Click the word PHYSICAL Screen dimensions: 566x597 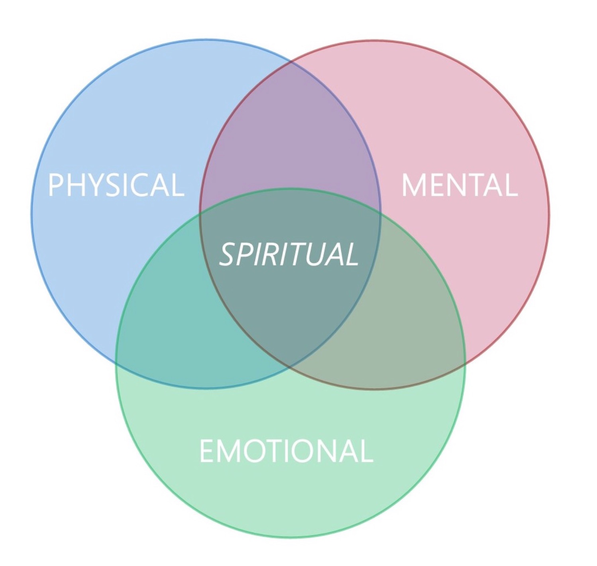116,185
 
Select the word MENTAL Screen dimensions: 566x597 459,185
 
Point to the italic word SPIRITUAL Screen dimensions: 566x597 289,254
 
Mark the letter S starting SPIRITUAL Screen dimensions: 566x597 228,254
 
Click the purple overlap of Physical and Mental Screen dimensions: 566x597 290,132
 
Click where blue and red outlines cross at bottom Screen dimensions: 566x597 290,366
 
